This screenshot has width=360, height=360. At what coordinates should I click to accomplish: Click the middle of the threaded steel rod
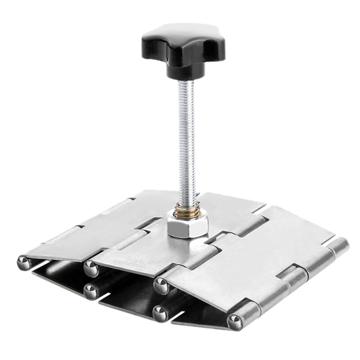(186, 144)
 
